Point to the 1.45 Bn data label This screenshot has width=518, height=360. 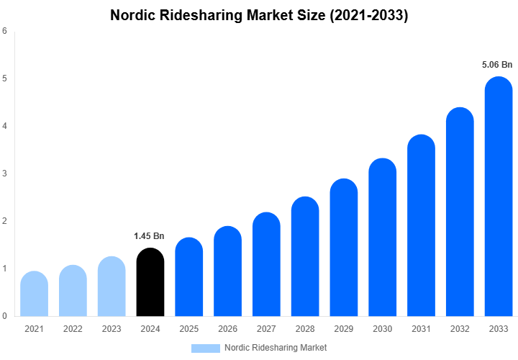pyautogui.click(x=149, y=236)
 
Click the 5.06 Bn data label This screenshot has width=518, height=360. pyautogui.click(x=497, y=65)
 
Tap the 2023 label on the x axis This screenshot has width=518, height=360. pyautogui.click(x=111, y=329)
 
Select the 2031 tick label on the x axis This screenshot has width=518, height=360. pyautogui.click(x=421, y=329)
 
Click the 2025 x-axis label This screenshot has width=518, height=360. pyautogui.click(x=188, y=329)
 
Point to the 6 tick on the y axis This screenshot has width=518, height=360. pyautogui.click(x=5, y=31)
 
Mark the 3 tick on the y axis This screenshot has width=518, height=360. pyautogui.click(x=5, y=174)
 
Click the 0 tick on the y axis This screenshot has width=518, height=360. pyautogui.click(x=5, y=316)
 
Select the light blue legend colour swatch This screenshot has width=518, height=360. pyautogui.click(x=205, y=348)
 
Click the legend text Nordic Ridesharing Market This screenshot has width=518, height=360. pyautogui.click(x=276, y=348)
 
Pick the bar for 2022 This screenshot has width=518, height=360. pyautogui.click(x=73, y=291)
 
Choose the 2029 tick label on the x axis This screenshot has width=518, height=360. pyautogui.click(x=344, y=329)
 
